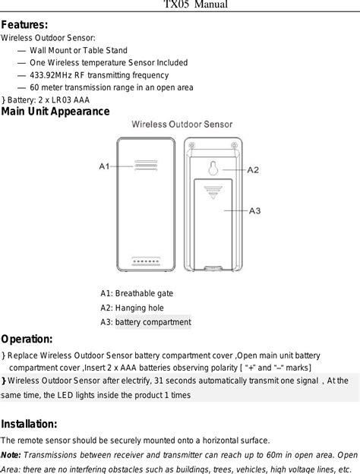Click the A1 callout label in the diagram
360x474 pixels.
(x=104, y=166)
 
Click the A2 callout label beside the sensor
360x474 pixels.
(x=253, y=170)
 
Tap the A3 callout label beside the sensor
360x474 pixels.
(x=255, y=210)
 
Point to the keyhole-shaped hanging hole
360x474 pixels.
(x=213, y=168)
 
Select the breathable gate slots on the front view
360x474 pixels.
(x=146, y=166)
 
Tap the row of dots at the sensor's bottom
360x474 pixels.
(x=146, y=261)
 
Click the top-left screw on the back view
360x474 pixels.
(x=191, y=145)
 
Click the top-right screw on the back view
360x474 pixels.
(x=234, y=145)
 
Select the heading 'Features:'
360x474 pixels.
(x=24, y=25)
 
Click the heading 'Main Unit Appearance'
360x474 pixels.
(x=55, y=112)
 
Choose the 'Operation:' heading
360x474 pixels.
(x=27, y=340)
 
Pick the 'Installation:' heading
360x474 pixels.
(x=29, y=424)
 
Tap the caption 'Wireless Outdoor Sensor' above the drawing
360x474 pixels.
(x=182, y=125)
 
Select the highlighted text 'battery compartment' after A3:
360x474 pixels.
(x=153, y=322)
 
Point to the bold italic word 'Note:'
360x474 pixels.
(x=11, y=455)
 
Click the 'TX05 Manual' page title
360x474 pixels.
(x=195, y=5)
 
